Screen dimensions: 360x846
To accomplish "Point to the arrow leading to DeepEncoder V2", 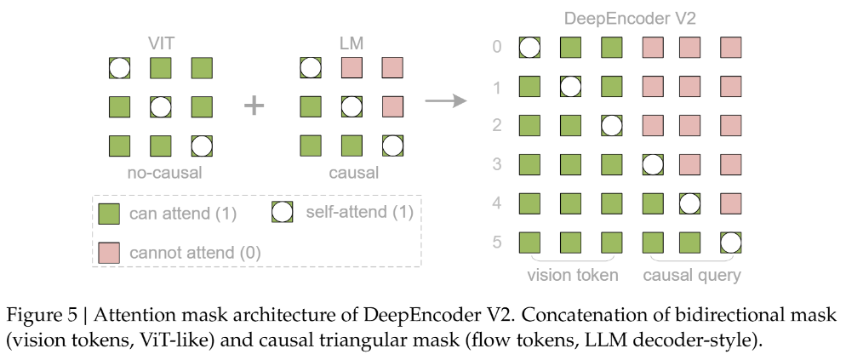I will click(448, 101).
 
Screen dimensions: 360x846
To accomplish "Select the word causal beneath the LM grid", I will click(351, 173).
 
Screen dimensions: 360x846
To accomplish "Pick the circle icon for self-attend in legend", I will click(283, 212).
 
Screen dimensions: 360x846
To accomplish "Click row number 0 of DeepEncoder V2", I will click(497, 47).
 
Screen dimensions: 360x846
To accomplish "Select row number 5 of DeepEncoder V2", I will click(497, 243).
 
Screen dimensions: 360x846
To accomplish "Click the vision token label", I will click(572, 275).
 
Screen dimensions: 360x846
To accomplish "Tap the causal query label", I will click(692, 275).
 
